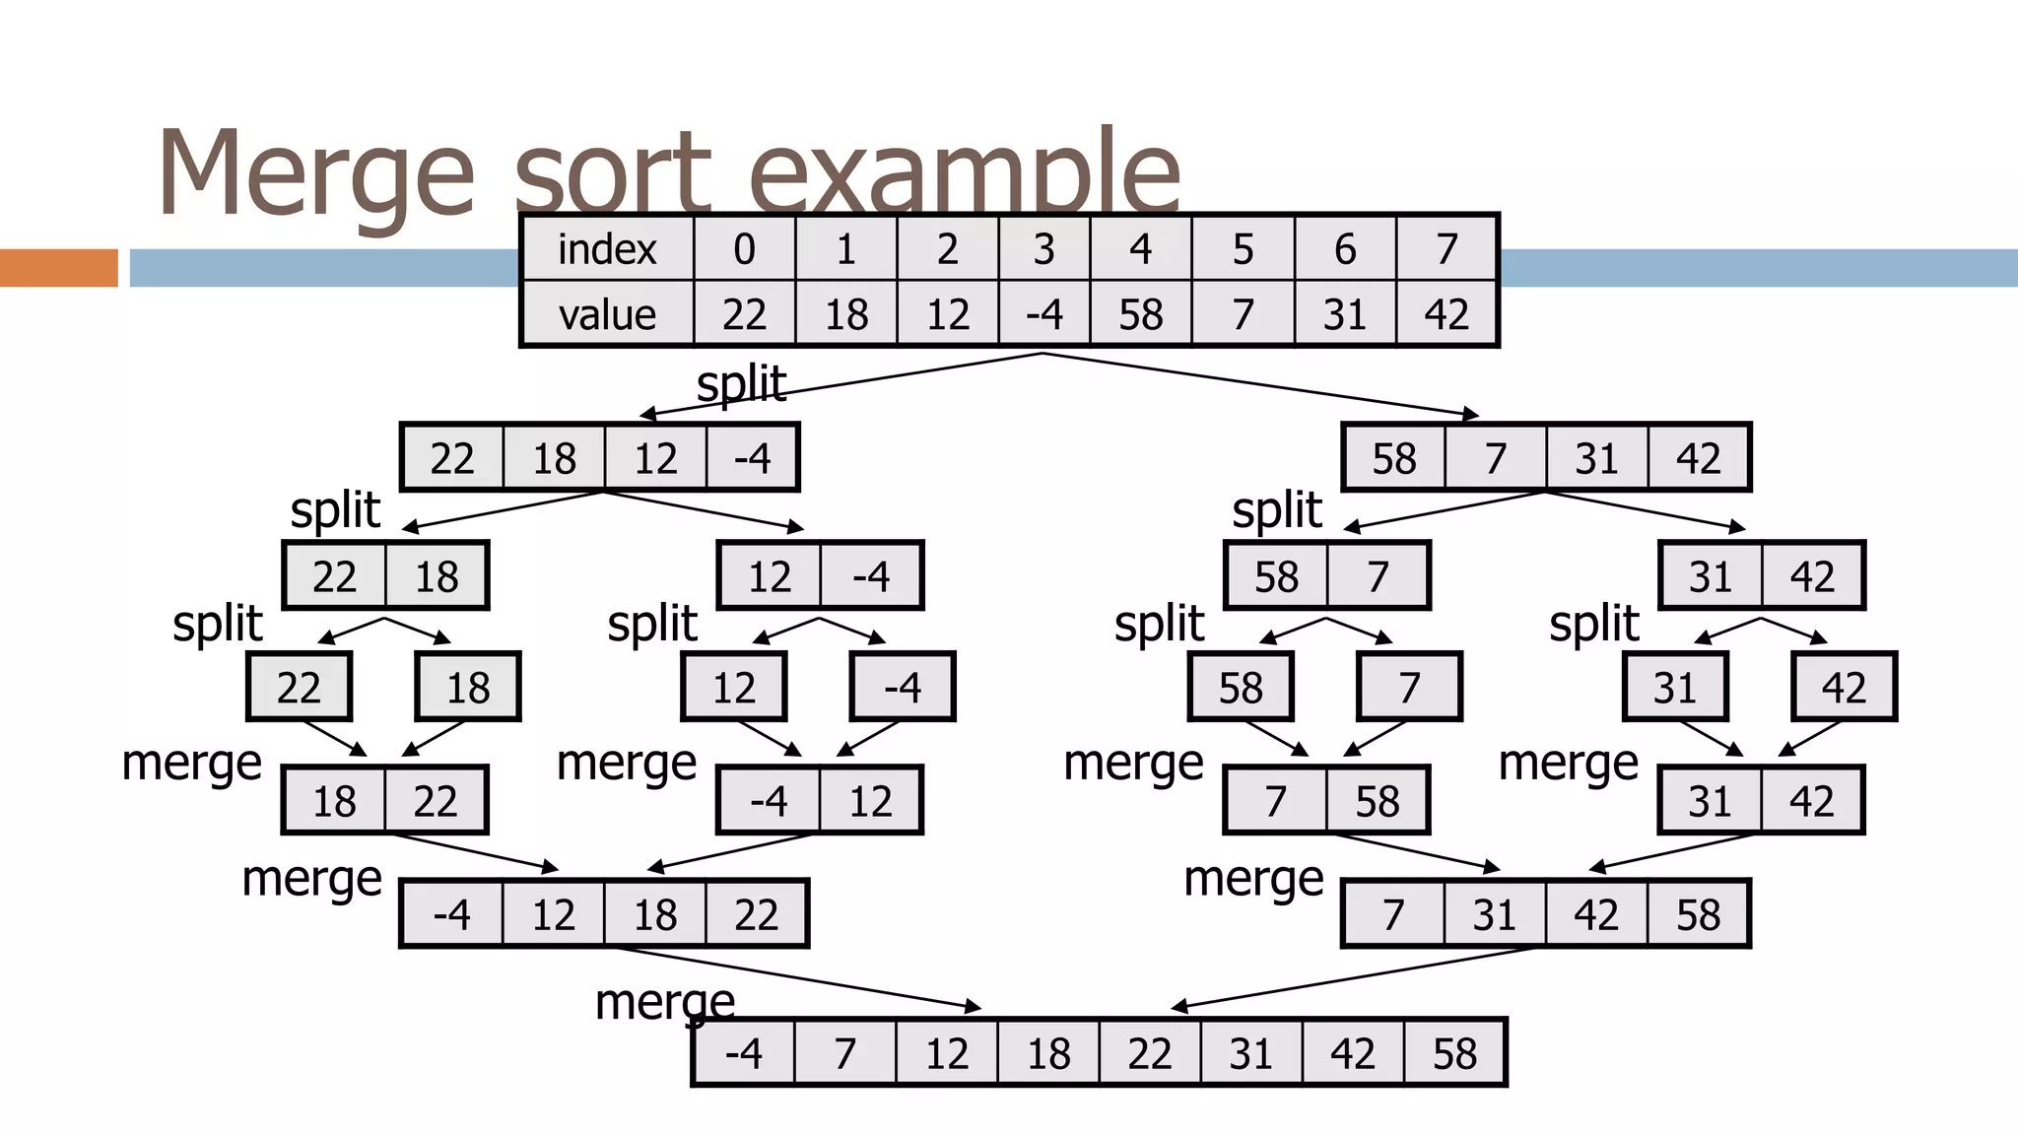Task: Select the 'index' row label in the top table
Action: pyautogui.click(x=607, y=248)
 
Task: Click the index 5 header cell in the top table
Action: pyautogui.click(x=1243, y=248)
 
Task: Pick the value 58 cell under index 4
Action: pyautogui.click(x=1141, y=314)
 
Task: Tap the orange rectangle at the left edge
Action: pyautogui.click(x=58, y=268)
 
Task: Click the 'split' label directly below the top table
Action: pyautogui.click(x=741, y=383)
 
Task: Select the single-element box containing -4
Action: pyautogui.click(x=903, y=687)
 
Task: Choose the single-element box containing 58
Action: pyautogui.click(x=1241, y=687)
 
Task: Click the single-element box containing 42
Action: pyautogui.click(x=1844, y=687)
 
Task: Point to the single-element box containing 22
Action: pyautogui.click(x=299, y=687)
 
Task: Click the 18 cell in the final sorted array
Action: pyautogui.click(x=1048, y=1053)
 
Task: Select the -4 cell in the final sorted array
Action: pyautogui.click(x=744, y=1053)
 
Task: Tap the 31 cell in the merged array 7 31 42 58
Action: pyautogui.click(x=1494, y=914)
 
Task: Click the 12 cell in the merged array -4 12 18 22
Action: pyautogui.click(x=554, y=914)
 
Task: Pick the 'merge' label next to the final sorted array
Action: pyautogui.click(x=665, y=1003)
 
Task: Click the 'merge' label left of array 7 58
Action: pyautogui.click(x=1133, y=764)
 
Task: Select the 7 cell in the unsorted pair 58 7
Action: pyautogui.click(x=1378, y=576)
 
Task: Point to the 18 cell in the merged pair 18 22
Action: pyautogui.click(x=334, y=801)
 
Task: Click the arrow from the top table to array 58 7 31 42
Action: pyautogui.click(x=1261, y=385)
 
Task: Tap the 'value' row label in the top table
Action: pyautogui.click(x=607, y=314)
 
